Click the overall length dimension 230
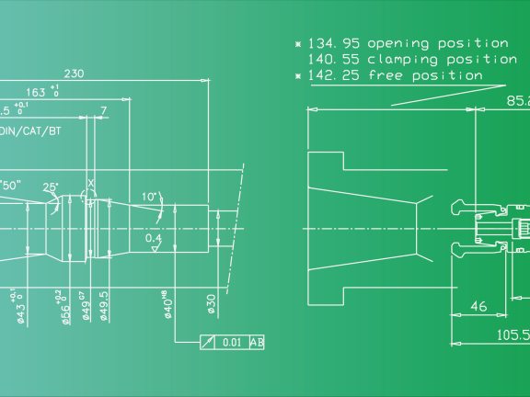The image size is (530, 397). tap(76, 74)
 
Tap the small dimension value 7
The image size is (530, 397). tap(103, 110)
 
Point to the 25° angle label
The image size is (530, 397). tap(51, 187)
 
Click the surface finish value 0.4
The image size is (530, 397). tap(154, 238)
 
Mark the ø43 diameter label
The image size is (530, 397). tap(17, 307)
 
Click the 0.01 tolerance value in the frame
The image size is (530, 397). tap(232, 343)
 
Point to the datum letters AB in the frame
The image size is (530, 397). tap(257, 343)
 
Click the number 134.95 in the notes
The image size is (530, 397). tap(334, 43)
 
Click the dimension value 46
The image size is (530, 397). tap(478, 306)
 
